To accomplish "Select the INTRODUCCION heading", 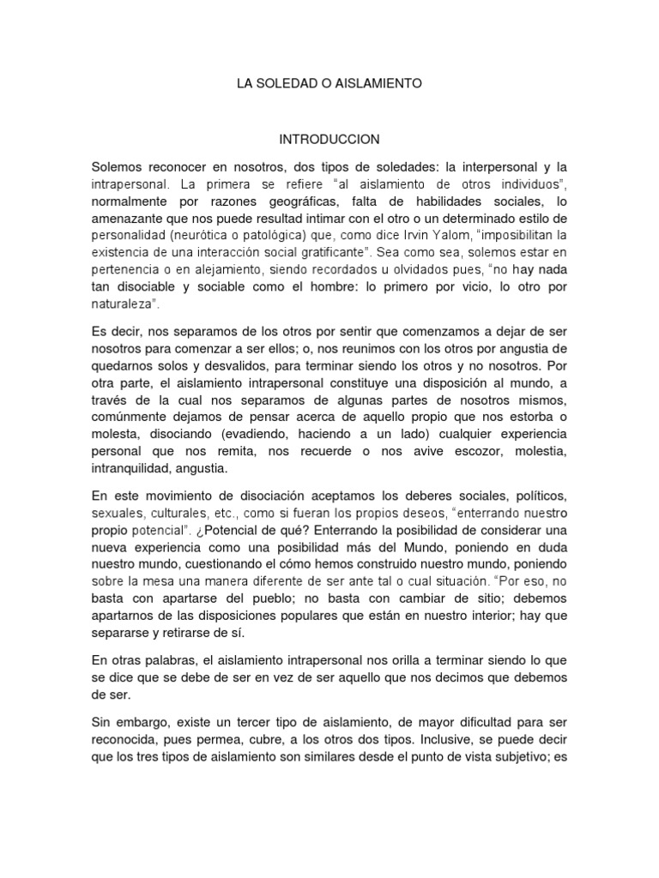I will [x=329, y=139].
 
